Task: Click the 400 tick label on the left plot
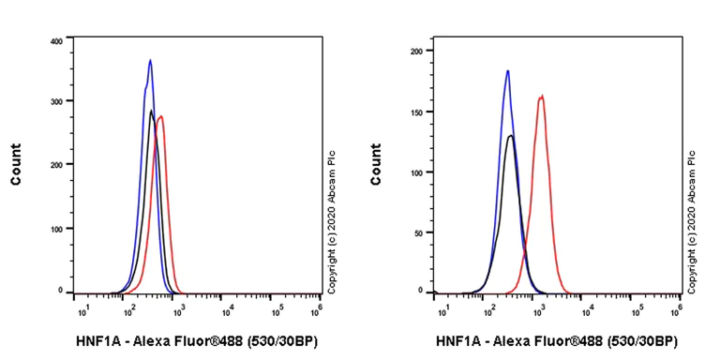(x=55, y=41)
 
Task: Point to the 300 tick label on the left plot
(x=55, y=101)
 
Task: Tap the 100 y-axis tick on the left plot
(x=55, y=228)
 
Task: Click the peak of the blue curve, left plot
(x=150, y=60)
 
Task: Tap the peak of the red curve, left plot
(x=162, y=116)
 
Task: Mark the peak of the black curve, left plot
(x=151, y=111)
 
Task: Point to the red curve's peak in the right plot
(x=541, y=96)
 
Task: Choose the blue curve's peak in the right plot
(x=507, y=70)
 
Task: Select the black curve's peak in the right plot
(x=511, y=136)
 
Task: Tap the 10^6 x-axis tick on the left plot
(x=318, y=307)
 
